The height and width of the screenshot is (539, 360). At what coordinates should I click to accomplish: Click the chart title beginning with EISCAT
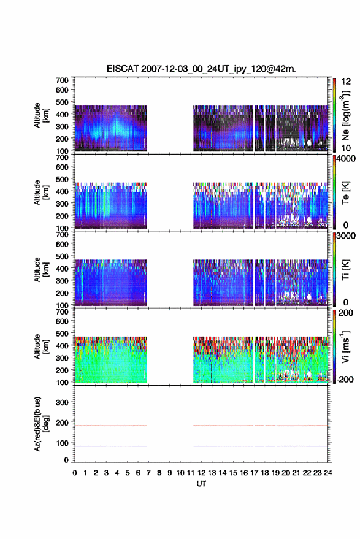point(201,69)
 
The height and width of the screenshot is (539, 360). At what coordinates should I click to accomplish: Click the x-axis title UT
point(201,484)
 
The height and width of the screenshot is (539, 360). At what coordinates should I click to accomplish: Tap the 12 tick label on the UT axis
point(201,473)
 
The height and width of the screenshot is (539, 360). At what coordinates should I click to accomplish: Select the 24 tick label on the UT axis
point(327,473)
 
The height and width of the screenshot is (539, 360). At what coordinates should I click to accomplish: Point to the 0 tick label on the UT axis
point(75,473)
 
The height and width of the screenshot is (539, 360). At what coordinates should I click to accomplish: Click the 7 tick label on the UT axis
point(148,473)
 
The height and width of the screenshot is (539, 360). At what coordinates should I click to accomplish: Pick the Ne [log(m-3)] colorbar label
point(345,115)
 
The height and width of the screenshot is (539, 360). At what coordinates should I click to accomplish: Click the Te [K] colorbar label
point(345,193)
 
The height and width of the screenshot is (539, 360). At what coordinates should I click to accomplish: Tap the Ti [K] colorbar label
point(345,270)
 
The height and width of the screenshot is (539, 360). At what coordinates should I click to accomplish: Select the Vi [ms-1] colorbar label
point(345,346)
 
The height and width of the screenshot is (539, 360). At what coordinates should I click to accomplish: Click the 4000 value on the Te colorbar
point(347,159)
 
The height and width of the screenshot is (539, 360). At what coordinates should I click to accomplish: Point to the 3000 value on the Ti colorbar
point(347,236)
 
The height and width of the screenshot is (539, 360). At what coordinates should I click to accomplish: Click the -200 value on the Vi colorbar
point(344,379)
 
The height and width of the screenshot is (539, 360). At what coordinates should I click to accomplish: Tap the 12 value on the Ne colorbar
point(346,82)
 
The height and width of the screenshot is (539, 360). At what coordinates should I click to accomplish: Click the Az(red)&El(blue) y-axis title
point(41,424)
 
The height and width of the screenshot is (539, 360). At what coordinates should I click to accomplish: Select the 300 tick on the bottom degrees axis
point(62,402)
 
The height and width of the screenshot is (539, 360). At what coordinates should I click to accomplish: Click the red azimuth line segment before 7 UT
point(111,426)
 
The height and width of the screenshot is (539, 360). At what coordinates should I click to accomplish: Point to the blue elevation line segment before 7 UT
point(111,446)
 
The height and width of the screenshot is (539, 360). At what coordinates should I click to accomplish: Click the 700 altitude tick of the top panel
point(62,80)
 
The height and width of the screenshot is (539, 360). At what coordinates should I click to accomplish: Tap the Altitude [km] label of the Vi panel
point(41,346)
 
